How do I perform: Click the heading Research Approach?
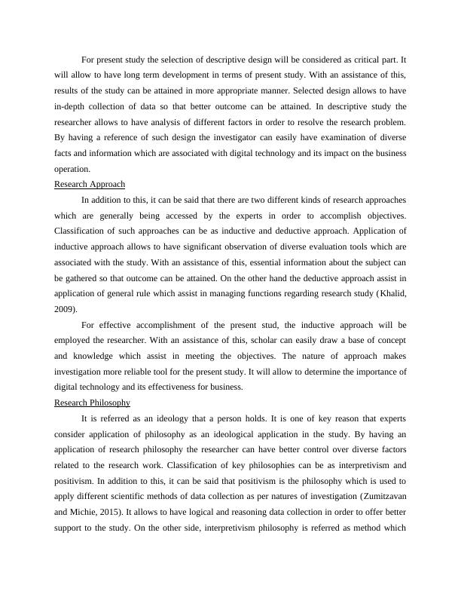coord(90,184)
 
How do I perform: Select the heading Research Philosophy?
coord(93,403)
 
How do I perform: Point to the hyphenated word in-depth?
coord(71,106)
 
